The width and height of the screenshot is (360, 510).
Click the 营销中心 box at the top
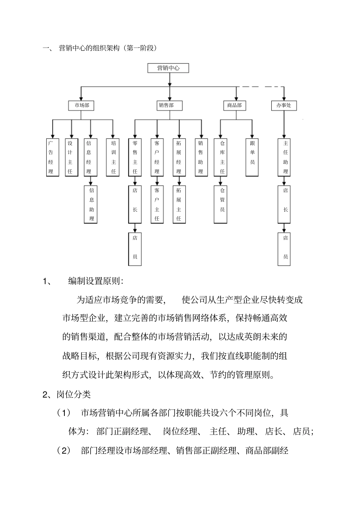coord(168,68)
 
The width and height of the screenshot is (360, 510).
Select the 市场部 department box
coord(81,105)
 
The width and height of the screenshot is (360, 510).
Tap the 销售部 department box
coord(169,105)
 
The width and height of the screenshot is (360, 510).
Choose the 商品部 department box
coord(234,105)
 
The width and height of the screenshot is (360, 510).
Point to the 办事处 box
coord(284,105)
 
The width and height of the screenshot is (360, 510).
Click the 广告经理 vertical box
coord(51,157)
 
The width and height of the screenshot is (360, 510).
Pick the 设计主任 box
coord(70,157)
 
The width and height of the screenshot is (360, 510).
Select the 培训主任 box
coord(113,157)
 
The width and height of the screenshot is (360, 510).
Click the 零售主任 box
coord(135,157)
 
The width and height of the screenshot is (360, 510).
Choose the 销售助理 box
coord(200,157)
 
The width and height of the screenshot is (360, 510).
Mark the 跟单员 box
coord(252,157)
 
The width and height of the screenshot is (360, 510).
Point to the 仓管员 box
coord(222,204)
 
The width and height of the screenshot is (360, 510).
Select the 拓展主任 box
coord(179,204)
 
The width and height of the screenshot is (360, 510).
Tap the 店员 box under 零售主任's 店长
coord(135,247)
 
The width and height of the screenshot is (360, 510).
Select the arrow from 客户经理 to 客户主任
coord(157,181)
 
